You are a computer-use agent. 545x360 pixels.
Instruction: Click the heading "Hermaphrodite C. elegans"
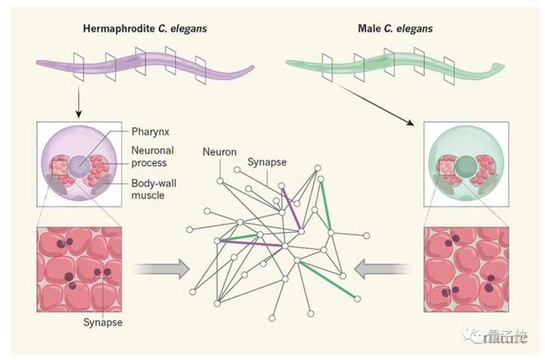pos(145,28)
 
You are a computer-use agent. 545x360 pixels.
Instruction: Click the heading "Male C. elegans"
pos(395,28)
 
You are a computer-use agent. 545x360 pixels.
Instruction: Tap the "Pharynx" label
pos(150,132)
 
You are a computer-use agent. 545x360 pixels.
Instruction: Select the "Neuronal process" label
pos(152,157)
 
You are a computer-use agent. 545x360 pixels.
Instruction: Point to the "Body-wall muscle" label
pos(154,189)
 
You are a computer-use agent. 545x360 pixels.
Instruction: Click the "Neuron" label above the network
pos(220,152)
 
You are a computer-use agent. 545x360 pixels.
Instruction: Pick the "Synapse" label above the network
pos(267,162)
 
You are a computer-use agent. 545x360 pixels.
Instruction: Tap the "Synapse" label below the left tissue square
pos(103,322)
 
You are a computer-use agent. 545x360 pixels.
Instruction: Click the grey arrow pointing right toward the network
pos(161,268)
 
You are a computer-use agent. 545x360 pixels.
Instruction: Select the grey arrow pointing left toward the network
pos(383,268)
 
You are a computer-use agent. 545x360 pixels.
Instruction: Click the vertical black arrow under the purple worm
pos(79,101)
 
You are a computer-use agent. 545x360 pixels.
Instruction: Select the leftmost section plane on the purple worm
pos(79,67)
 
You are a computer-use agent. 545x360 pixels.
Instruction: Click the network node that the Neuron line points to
pos(220,181)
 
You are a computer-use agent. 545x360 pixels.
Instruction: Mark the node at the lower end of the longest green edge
pos(357,299)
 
